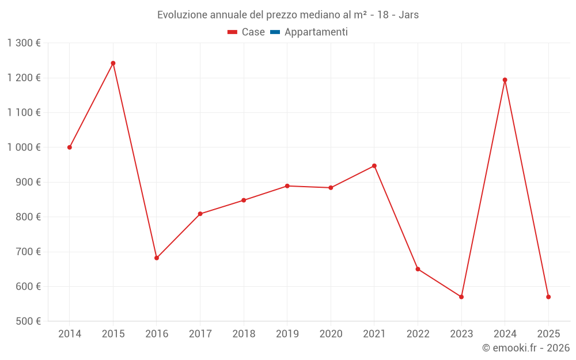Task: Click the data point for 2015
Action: tap(113, 63)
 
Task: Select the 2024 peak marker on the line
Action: tap(505, 80)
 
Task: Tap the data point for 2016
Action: tap(157, 258)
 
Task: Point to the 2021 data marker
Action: tap(374, 166)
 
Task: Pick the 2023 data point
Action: tap(461, 297)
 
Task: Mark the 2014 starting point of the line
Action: tap(70, 147)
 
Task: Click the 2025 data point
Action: tap(548, 297)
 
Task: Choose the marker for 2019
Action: tap(287, 186)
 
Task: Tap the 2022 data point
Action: tap(418, 269)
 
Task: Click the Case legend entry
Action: tap(247, 32)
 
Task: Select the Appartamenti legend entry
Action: tap(309, 32)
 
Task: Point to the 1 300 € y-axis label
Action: tap(24, 43)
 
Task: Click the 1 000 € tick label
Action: tap(24, 147)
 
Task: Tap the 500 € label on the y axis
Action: tap(28, 321)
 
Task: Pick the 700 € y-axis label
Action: tap(28, 252)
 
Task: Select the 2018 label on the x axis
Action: tap(244, 334)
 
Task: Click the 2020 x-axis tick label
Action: tap(331, 334)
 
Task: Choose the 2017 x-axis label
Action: tap(200, 334)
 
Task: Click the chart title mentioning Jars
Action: tap(288, 15)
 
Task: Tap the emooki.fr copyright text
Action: tap(526, 348)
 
